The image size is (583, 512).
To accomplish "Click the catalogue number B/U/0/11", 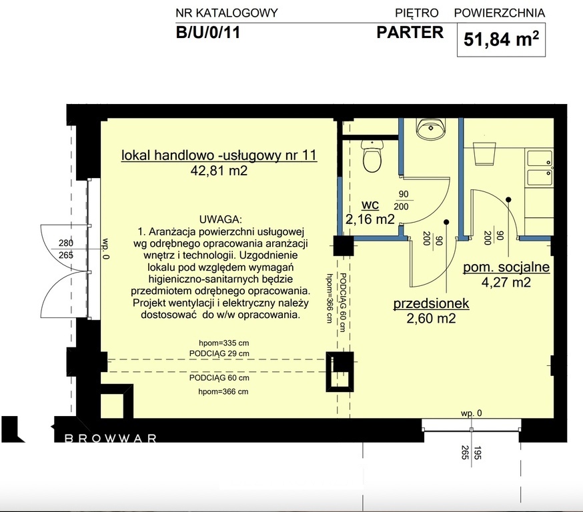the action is point(208,32).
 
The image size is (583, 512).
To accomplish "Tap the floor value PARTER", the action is point(410,32).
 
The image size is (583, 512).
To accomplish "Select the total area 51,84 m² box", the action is point(501,39).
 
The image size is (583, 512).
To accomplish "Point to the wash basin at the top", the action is point(430,129).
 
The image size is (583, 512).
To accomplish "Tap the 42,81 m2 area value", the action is point(219,171).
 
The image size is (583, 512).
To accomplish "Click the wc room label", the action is point(370,205).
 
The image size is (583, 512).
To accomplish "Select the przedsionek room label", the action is point(432,303).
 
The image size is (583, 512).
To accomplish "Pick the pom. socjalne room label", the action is point(506,267).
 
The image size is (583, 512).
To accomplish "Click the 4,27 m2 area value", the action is point(506,283).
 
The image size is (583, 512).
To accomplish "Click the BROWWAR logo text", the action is point(111,439).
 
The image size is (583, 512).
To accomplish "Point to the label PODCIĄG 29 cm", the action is point(219,354).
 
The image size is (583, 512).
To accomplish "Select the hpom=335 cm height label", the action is point(224,343).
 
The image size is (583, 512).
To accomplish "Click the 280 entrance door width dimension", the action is point(66,243).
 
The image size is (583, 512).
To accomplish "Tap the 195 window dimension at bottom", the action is point(478,453).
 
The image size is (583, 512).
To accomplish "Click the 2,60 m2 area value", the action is point(432,319).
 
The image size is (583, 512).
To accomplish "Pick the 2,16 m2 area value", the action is point(370,219).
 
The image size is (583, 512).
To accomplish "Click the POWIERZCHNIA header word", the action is point(500,13).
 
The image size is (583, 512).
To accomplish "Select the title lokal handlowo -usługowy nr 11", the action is point(219,155).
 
